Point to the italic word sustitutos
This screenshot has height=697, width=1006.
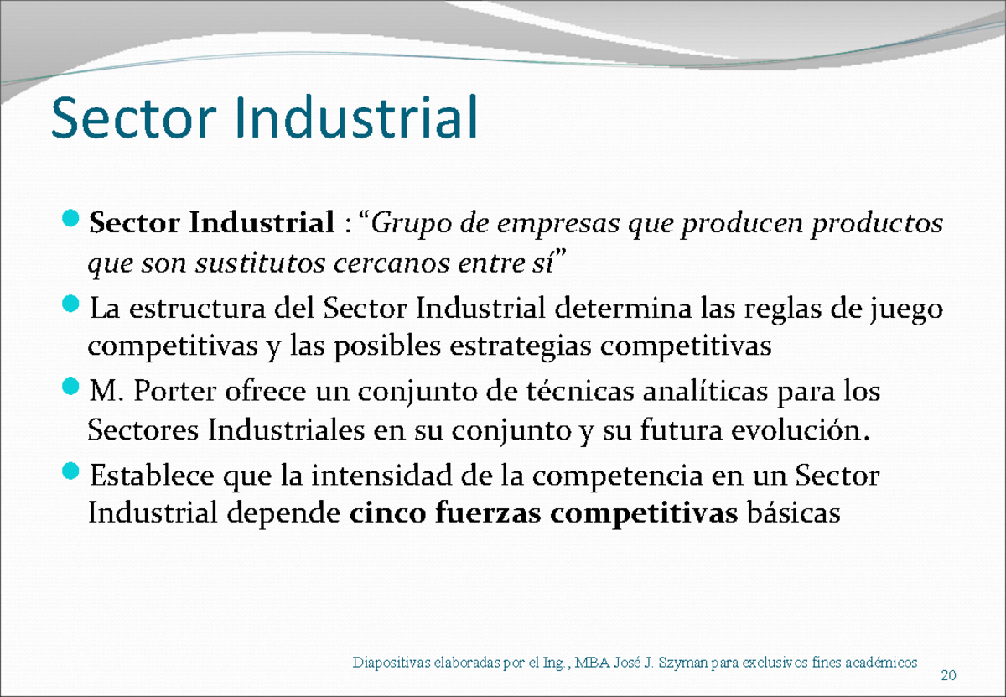click(264, 265)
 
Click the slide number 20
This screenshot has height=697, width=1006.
click(950, 677)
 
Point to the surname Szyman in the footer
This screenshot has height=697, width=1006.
click(677, 663)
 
